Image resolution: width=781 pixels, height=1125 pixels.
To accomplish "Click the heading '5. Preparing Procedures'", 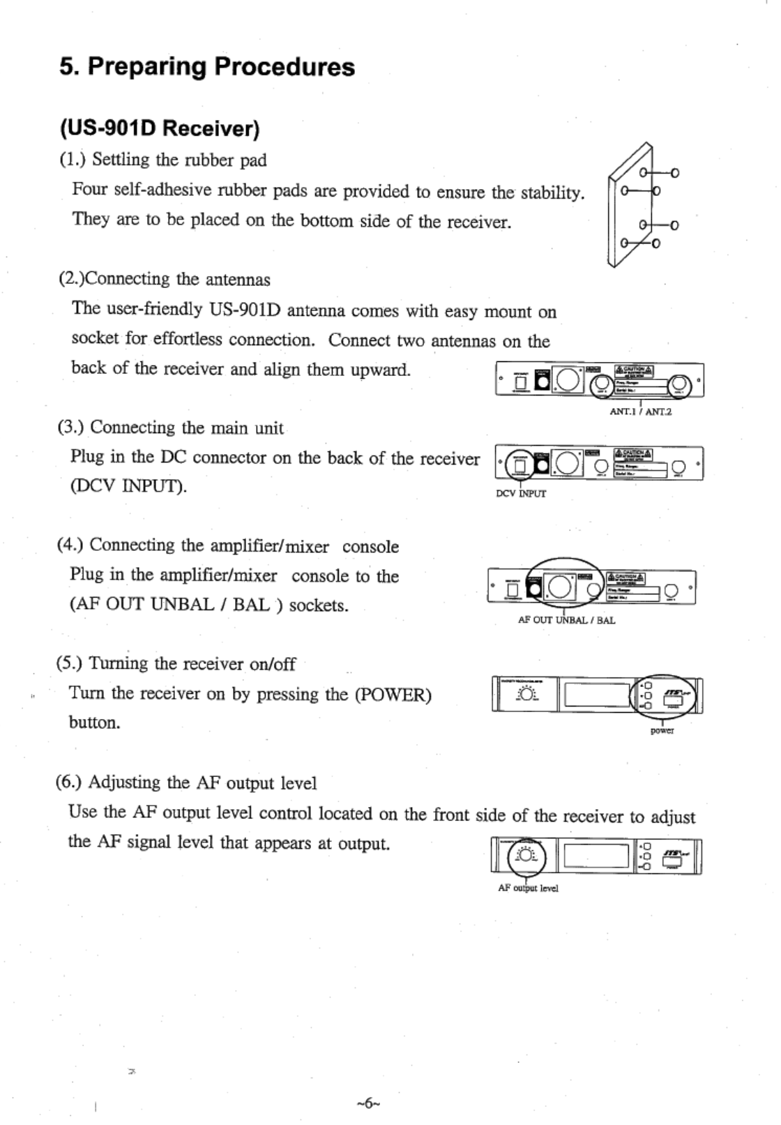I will (207, 67).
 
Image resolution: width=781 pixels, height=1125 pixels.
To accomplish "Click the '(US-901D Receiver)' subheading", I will (160, 129).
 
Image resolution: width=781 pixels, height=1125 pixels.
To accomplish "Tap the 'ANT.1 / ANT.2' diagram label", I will (640, 412).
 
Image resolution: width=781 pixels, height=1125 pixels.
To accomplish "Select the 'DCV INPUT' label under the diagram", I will (520, 494).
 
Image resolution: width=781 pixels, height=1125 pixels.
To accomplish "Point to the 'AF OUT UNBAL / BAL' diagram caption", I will (566, 619).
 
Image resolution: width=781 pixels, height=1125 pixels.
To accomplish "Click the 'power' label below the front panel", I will (662, 730).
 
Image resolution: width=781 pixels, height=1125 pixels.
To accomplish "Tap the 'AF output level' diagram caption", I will (528, 888).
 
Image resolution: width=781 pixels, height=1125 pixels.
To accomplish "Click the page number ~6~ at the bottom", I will (367, 1103).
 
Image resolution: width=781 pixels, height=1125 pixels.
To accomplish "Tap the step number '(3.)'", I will (71, 427).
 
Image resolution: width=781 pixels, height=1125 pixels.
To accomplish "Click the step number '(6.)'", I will (69, 783).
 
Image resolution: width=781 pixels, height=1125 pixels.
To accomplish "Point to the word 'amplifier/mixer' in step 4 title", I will (279, 546).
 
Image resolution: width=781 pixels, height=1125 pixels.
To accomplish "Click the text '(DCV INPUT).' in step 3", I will (128, 485).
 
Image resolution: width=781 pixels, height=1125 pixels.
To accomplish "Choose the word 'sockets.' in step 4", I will (319, 605).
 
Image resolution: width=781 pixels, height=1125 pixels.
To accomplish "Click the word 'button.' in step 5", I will (94, 723).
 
